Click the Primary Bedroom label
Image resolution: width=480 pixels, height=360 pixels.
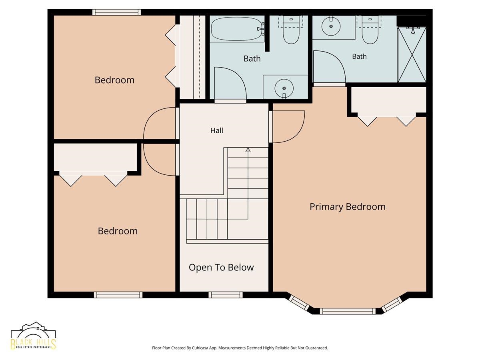347,207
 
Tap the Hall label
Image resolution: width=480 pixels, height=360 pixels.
216,130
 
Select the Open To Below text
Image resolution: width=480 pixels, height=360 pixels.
221,267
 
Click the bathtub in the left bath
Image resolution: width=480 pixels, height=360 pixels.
238,29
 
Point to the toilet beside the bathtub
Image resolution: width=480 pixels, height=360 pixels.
291,30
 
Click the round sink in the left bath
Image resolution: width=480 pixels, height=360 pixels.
284,88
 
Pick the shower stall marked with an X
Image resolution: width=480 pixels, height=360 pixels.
412,55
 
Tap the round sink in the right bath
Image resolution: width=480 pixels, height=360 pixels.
331,26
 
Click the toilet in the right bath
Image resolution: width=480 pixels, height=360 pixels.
370,30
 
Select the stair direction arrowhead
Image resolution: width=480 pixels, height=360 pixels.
248,150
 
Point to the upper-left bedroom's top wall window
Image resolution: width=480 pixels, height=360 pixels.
116,12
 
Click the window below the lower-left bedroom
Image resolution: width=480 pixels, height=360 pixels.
118,295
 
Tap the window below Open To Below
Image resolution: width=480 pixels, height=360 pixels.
226,295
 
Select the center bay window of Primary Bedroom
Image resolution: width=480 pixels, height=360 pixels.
348,311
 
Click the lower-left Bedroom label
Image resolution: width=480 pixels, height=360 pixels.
118,231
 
